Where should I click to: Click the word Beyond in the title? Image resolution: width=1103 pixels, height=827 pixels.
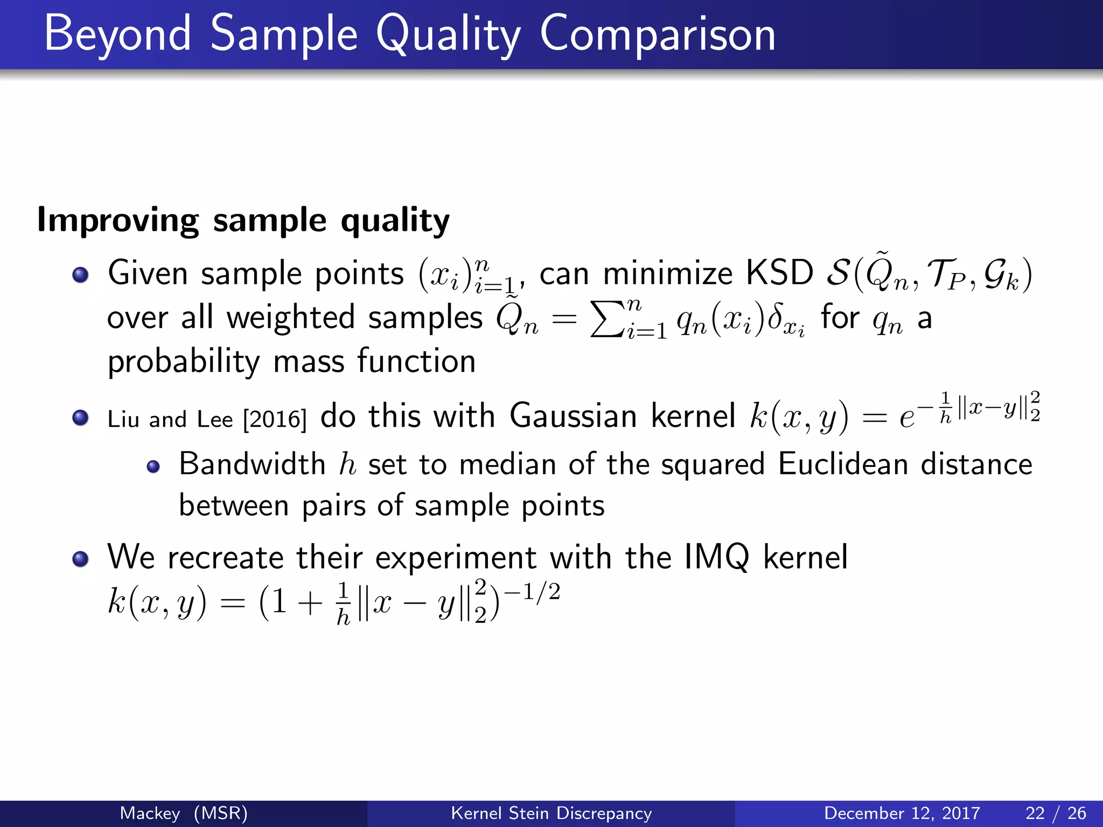[x=117, y=34]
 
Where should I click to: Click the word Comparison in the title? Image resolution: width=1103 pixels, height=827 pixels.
[x=657, y=34]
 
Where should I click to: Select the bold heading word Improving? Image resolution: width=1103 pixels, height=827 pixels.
[x=117, y=221]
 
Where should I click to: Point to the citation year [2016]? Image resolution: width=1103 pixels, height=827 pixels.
[x=275, y=419]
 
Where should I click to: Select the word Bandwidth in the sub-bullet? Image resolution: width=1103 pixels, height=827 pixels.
[x=252, y=464]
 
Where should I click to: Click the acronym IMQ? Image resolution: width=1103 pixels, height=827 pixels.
[x=716, y=557]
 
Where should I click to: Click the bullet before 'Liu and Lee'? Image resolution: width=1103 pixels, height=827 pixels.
[x=80, y=418]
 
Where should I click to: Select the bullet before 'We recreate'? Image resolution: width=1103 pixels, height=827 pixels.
[x=80, y=559]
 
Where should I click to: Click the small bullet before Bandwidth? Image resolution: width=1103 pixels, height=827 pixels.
[x=153, y=466]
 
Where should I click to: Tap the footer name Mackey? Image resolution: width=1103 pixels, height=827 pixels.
[x=150, y=813]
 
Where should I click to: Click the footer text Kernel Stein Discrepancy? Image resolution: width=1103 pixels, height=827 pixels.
[x=551, y=813]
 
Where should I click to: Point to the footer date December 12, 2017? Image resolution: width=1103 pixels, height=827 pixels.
[x=902, y=813]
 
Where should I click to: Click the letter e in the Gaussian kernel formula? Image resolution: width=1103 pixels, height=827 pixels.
[x=906, y=418]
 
